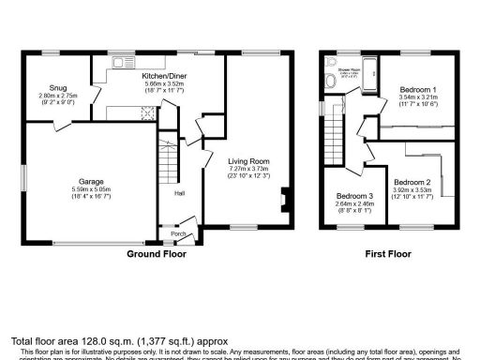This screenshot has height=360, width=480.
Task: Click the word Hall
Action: tap(178, 194)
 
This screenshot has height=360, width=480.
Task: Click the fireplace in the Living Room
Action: tap(284, 198)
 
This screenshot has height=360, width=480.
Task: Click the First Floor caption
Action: tap(389, 254)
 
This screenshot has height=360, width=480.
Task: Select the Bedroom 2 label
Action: tap(412, 182)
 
